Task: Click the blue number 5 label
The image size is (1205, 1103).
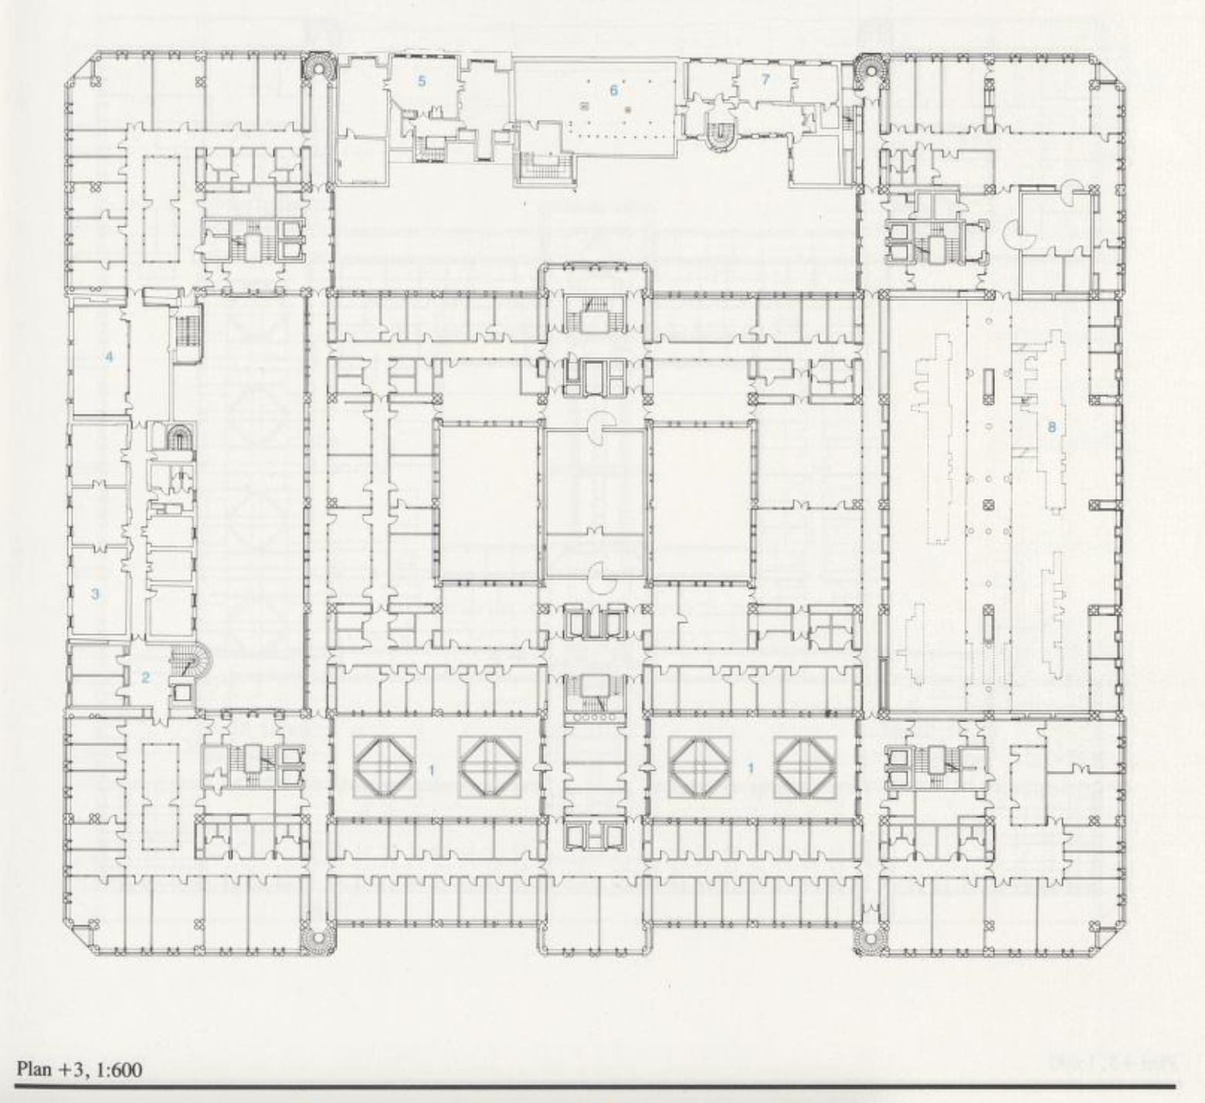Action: [x=422, y=80]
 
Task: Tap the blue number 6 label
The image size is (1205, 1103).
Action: [x=614, y=90]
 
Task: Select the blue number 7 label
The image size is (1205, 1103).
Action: [x=765, y=79]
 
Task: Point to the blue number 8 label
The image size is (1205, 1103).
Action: [x=1051, y=426]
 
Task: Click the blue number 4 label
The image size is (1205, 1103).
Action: [x=110, y=357]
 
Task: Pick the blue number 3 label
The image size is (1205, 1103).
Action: [x=95, y=594]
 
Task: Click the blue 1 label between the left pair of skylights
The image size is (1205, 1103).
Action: [x=432, y=769]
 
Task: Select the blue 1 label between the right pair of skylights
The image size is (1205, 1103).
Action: [x=750, y=769]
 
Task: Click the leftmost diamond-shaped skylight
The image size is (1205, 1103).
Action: [x=385, y=768]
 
